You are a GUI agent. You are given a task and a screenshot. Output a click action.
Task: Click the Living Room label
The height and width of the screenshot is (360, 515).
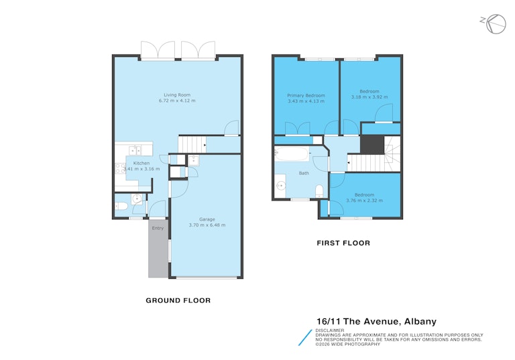pos(177,95)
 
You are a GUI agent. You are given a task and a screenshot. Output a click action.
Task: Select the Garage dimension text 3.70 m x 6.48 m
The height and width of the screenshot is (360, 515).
pos(207,225)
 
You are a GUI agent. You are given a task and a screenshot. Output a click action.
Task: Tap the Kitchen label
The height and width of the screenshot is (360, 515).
pos(141,164)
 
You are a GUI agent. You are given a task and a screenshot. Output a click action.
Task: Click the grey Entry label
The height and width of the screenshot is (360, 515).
pos(158,228)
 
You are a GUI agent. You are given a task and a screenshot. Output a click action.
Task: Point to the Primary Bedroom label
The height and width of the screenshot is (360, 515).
pos(306,96)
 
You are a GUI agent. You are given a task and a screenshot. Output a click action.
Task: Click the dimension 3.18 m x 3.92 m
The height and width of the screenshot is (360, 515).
pos(369,97)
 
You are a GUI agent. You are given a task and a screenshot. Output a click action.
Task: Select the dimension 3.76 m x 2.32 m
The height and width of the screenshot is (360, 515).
pos(364,200)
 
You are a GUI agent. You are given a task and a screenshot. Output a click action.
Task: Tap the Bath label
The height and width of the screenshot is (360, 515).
pos(304,173)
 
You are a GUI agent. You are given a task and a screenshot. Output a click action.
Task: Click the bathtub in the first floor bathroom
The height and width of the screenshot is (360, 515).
pos(291,154)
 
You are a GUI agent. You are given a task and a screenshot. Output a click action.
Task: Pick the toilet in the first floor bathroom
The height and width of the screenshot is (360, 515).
pos(319,192)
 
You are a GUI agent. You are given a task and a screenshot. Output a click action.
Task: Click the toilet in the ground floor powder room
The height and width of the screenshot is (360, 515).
pos(121,206)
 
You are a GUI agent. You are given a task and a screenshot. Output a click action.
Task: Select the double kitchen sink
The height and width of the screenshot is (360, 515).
pos(135,150)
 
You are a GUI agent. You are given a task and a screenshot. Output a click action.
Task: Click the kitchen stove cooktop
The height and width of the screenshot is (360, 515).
pos(120,168)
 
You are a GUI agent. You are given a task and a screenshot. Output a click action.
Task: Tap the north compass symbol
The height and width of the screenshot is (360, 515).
pos(495,24)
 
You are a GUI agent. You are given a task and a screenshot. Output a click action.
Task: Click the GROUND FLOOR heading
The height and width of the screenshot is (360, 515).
pos(178,300)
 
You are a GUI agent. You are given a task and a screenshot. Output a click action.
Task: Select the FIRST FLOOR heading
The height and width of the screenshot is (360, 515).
pos(343,243)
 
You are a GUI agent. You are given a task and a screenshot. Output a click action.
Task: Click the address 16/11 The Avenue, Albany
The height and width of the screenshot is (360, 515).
pos(376,321)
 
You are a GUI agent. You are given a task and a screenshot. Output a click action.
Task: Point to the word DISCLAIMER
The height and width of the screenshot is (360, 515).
pos(330,331)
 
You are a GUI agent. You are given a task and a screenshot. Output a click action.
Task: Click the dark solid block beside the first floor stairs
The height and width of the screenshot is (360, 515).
pos(372,145)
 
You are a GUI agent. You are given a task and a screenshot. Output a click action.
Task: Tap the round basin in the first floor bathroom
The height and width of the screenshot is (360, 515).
pos(281,186)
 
